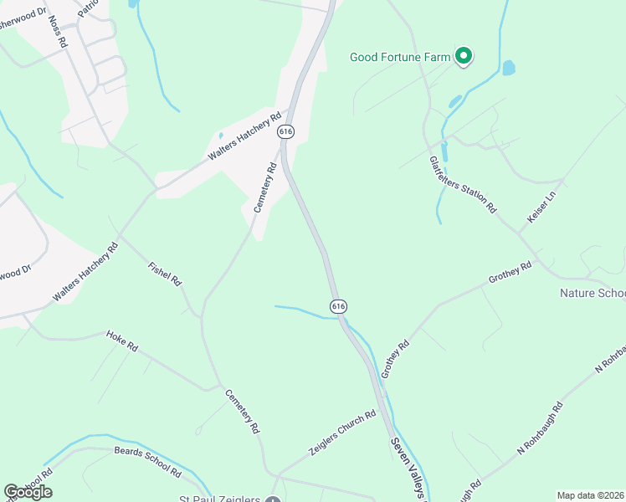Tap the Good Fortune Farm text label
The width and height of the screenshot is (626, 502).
400,58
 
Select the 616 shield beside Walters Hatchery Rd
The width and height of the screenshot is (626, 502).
286,131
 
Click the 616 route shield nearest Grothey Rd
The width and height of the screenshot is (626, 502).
338,307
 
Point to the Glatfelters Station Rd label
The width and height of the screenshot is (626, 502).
463,185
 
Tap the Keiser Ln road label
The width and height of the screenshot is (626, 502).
541,207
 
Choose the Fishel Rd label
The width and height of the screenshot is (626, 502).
165,275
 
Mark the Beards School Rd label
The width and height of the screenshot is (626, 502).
147,461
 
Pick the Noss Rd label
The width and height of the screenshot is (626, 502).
57,30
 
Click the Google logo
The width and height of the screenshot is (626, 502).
28,491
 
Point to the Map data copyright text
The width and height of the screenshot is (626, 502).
590,495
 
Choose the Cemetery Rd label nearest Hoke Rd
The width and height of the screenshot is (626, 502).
241,410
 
